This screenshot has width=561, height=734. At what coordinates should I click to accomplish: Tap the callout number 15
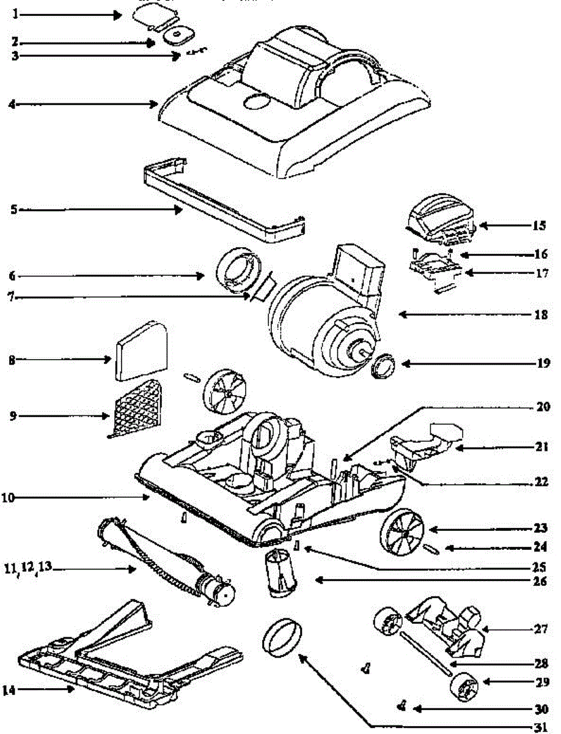pyautogui.click(x=537, y=225)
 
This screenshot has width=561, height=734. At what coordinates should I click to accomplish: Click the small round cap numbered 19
pyautogui.click(x=384, y=366)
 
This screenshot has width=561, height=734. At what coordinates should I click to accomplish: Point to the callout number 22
pyautogui.click(x=538, y=481)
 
